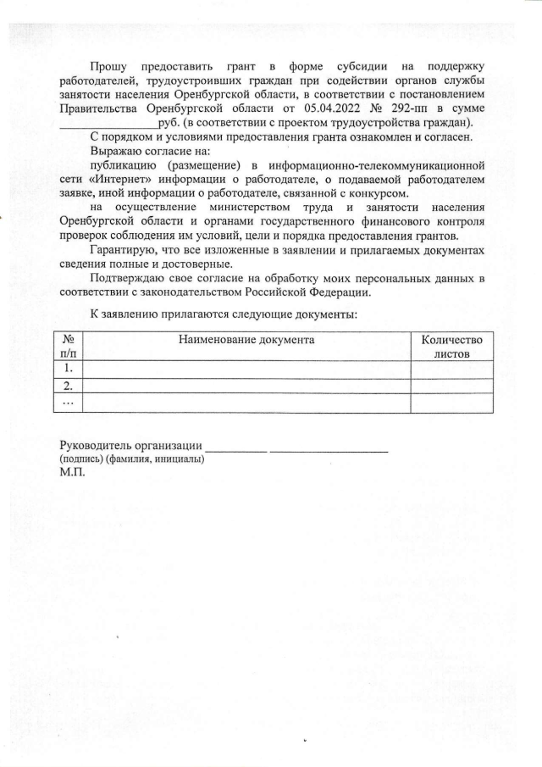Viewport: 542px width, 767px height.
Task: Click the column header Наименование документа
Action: pyautogui.click(x=246, y=340)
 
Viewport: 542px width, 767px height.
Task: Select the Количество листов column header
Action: pyautogui.click(x=451, y=347)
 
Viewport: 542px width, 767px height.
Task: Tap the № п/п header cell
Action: pyautogui.click(x=68, y=347)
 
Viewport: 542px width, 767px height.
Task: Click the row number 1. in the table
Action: pyautogui.click(x=68, y=370)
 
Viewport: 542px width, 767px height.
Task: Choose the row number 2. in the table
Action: pyautogui.click(x=68, y=386)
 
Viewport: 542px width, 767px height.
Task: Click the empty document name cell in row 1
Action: pyautogui.click(x=246, y=370)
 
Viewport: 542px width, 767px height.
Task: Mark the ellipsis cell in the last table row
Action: pyautogui.click(x=68, y=403)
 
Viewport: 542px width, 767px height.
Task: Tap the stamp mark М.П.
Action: pyautogui.click(x=72, y=473)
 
